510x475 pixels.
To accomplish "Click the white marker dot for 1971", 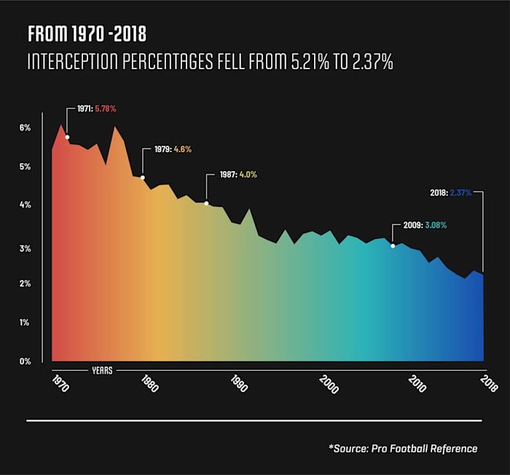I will [67, 137].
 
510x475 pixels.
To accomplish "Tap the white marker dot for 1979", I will [143, 177].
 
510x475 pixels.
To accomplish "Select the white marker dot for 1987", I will [206, 203].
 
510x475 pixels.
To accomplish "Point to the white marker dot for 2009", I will [393, 246].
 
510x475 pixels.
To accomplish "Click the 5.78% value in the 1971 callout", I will [105, 109].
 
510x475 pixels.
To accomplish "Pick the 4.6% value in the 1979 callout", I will [182, 149].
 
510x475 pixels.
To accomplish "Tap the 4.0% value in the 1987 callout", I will [248, 175].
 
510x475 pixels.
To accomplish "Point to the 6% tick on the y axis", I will [25, 128].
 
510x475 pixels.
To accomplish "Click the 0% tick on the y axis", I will [25, 361].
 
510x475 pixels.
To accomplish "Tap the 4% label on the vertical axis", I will [25, 205].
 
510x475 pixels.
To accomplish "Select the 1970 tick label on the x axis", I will [60, 384].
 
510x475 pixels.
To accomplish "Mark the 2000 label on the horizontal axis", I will [329, 384].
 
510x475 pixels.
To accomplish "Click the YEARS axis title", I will [101, 369].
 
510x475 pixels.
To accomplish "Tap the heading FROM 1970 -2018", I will [87, 35].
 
